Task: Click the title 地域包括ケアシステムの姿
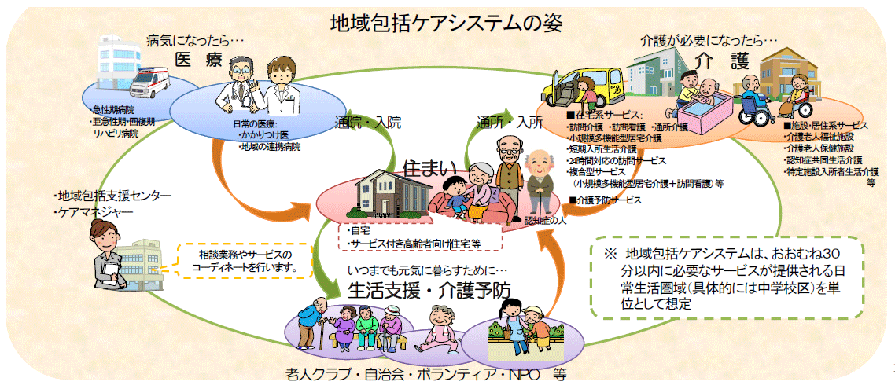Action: pos(446,22)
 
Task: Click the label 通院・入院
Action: pos(367,123)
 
